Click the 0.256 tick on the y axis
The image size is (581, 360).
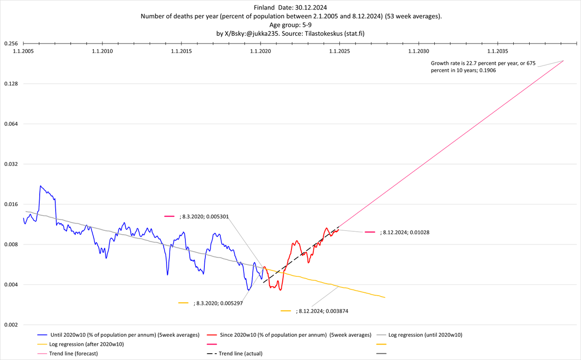click(x=11, y=44)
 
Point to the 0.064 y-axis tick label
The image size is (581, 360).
click(x=11, y=124)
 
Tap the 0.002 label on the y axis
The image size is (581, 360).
click(x=11, y=325)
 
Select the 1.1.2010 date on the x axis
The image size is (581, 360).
click(x=102, y=51)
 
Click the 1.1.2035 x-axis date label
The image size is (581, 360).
click(x=498, y=51)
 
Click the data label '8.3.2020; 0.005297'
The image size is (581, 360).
click(x=217, y=303)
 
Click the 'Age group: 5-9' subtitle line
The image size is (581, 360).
click(x=290, y=25)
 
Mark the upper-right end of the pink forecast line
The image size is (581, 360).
click(x=564, y=60)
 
